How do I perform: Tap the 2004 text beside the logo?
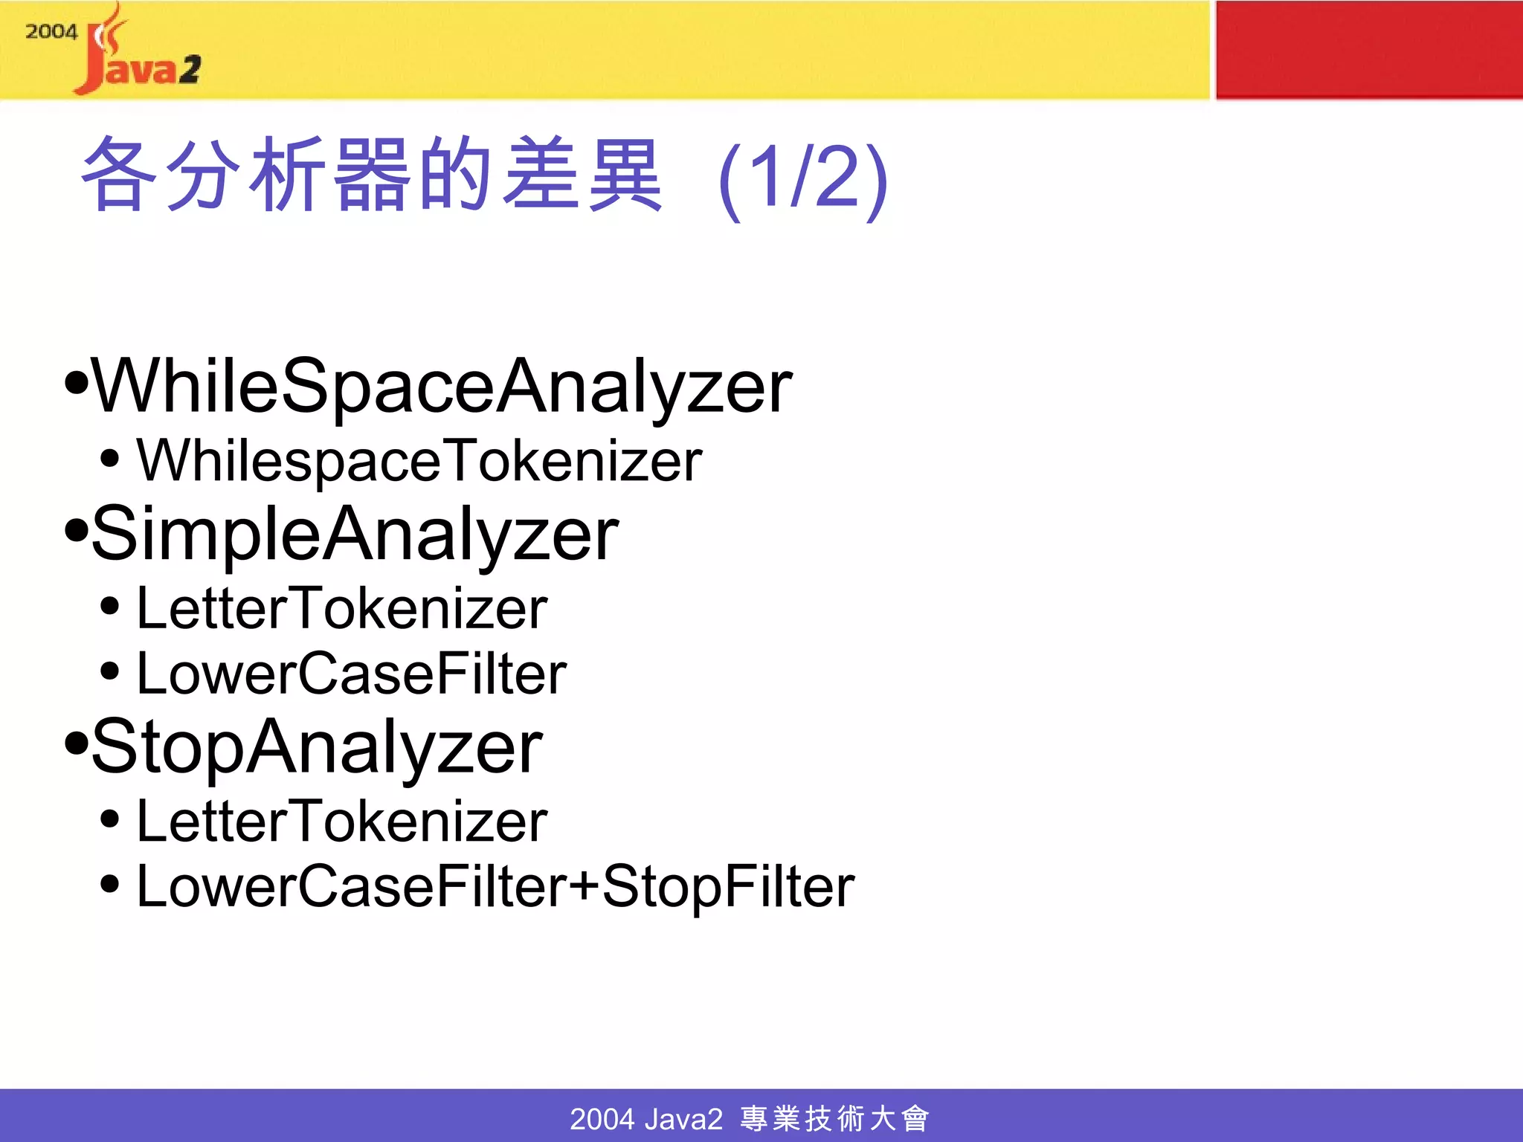51,31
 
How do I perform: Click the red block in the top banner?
1368,49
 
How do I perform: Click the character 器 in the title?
372,175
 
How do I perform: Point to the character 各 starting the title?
119,175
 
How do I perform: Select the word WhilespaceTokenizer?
419,461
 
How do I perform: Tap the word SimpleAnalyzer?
355,534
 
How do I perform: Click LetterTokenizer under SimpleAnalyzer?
342,609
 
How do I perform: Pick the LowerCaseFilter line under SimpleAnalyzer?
351,674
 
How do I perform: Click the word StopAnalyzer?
317,746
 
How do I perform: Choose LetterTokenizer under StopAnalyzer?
342,822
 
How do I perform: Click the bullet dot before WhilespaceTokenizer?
109,459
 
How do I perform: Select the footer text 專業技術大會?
834,1118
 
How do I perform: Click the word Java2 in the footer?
683,1118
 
